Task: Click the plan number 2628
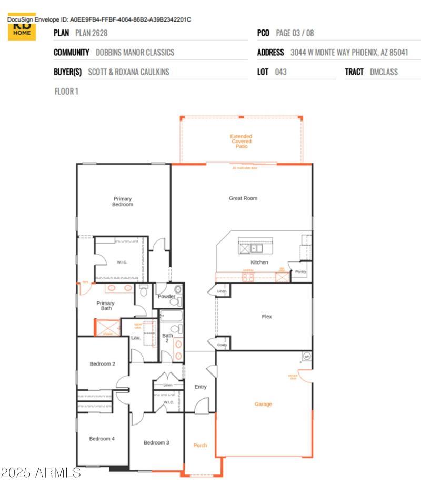point(91,33)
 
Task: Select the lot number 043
point(281,72)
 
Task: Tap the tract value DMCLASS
point(384,72)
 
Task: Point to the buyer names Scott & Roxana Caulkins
point(128,72)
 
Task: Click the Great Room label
point(243,198)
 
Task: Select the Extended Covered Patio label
point(241,141)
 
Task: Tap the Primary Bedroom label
point(123,201)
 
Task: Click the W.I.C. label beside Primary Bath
point(123,262)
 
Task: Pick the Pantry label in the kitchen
point(300,271)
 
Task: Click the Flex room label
point(267,317)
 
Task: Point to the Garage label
point(264,404)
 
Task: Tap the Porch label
point(200,445)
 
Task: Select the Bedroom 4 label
point(102,439)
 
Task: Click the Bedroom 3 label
point(156,442)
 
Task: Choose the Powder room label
point(167,296)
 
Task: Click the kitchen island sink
point(256,247)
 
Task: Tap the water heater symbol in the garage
point(306,356)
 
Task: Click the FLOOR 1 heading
point(67,92)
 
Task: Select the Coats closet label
point(222,345)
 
